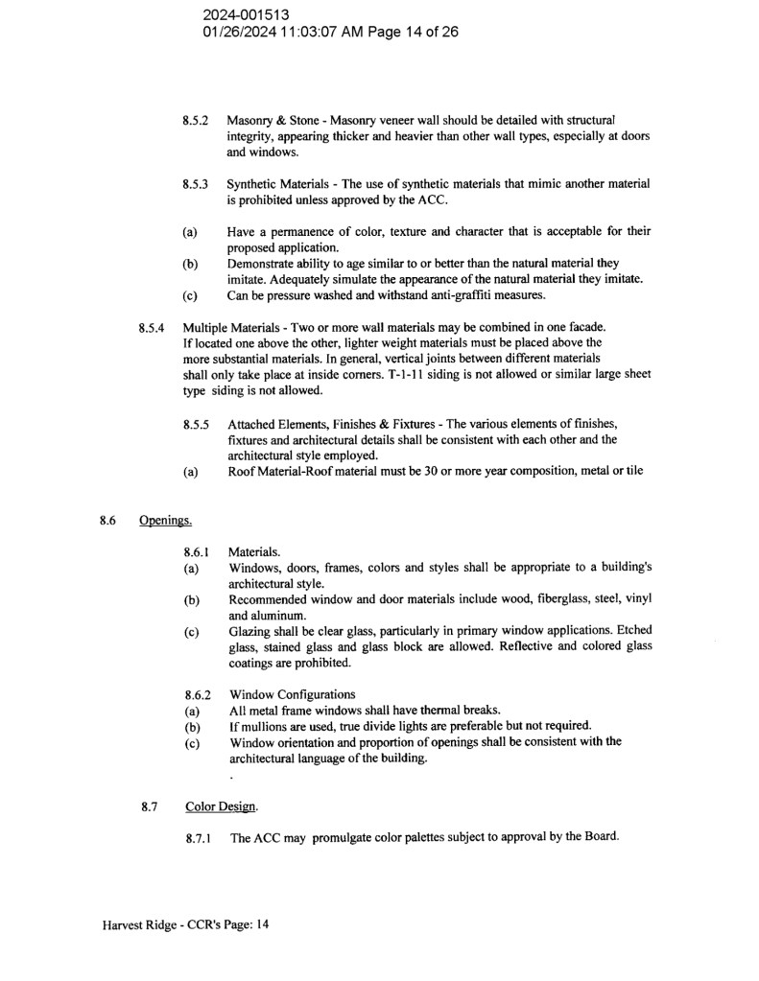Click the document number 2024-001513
click(247, 15)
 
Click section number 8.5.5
click(198, 424)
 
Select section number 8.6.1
click(198, 552)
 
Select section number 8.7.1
click(200, 838)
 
